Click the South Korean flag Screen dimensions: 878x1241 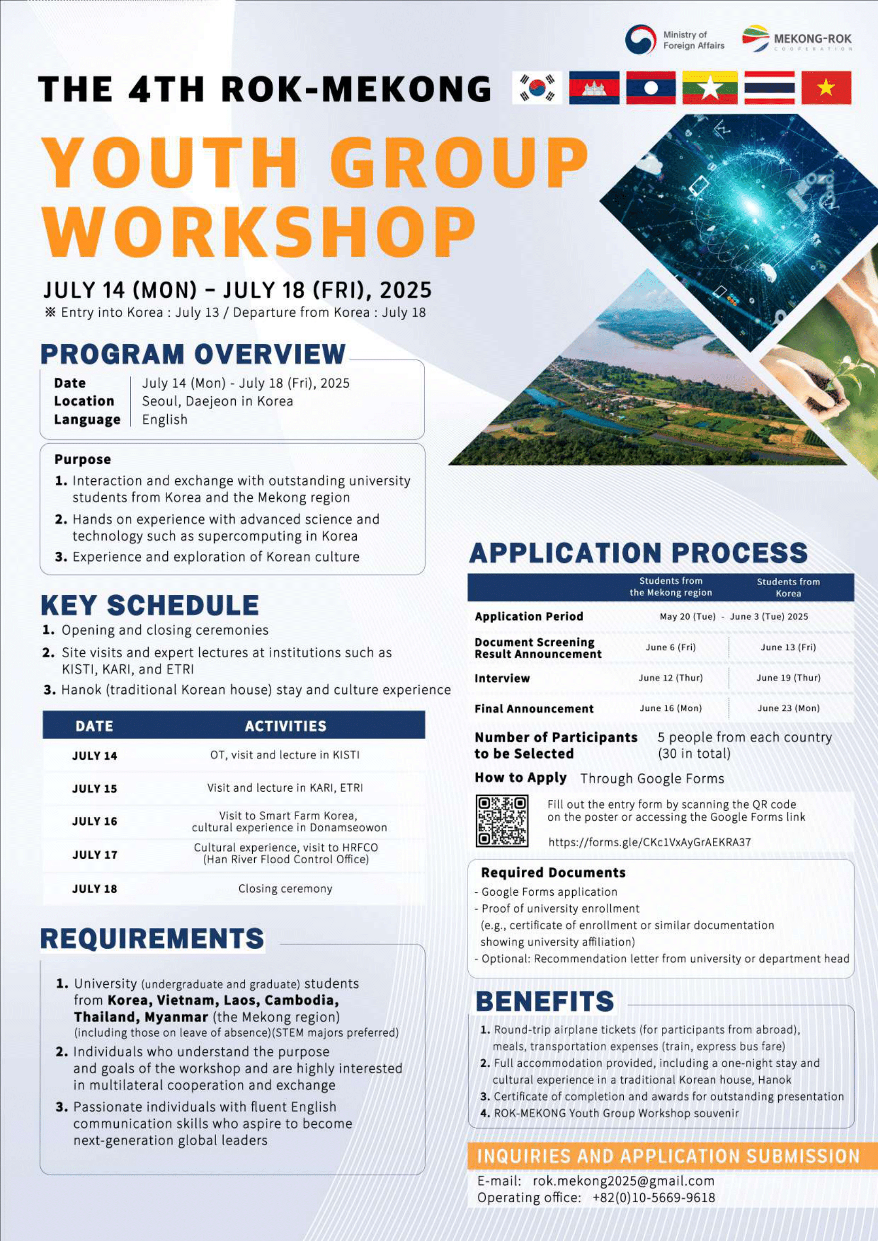(537, 88)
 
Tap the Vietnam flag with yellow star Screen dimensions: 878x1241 (825, 88)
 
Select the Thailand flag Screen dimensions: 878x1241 (769, 88)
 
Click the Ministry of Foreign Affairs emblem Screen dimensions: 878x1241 (640, 39)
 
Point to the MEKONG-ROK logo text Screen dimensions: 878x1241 (812, 39)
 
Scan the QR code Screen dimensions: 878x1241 (502, 820)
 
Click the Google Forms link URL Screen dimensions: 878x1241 (649, 841)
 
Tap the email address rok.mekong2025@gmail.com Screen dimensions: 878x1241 (623, 1181)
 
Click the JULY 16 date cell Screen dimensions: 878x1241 (94, 821)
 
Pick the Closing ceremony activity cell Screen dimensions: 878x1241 (286, 888)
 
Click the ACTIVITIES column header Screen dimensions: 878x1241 (286, 725)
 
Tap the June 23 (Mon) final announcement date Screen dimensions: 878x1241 (788, 708)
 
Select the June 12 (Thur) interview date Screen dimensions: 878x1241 (670, 678)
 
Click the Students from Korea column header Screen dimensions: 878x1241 (788, 587)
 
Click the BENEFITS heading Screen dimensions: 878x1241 (545, 1002)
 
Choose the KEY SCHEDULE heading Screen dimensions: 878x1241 (150, 605)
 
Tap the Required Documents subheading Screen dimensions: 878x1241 (553, 872)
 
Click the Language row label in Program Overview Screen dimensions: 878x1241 (87, 420)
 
